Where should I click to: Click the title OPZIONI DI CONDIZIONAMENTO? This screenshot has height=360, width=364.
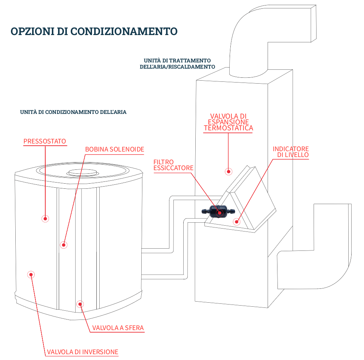coord(94,31)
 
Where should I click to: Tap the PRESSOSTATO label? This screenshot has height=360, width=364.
coord(45,141)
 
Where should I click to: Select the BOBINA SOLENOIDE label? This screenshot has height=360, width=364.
coord(115,149)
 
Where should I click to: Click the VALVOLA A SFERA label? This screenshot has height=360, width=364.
coord(118,328)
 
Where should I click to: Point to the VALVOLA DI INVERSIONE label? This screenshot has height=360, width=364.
coord(83,352)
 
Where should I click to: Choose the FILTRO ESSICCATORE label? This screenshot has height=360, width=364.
coord(173,165)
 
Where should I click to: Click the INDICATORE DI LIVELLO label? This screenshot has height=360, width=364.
coord(291,152)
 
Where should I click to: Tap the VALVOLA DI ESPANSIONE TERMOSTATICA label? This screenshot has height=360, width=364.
coord(228,122)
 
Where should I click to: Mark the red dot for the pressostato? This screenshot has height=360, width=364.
coord(45,218)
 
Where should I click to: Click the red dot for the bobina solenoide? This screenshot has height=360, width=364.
coord(64,245)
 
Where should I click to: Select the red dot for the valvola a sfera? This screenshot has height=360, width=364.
coord(80,303)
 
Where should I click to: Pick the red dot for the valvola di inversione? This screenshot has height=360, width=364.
coord(31,274)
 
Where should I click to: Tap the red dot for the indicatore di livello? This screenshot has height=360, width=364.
coord(237,221)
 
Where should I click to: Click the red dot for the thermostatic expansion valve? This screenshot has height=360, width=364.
coord(229,171)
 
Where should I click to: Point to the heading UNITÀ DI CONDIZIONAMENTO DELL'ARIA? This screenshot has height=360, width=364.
coord(73,112)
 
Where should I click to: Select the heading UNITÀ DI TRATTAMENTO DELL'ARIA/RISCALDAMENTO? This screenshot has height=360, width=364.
coord(177,64)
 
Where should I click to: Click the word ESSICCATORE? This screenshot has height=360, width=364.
coord(173,168)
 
